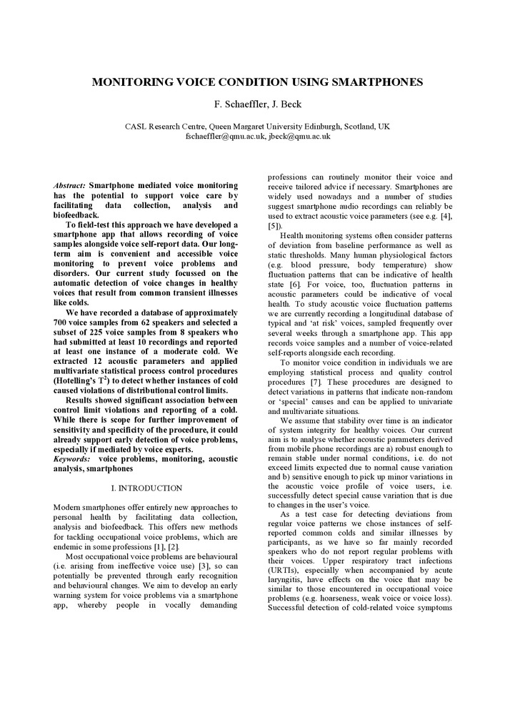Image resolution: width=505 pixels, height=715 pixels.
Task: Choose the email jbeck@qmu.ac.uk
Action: point(299,136)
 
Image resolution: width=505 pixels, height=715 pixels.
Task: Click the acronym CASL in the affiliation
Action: point(136,127)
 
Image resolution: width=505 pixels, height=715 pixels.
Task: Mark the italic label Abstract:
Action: point(70,186)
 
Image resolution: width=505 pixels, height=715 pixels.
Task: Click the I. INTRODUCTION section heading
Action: point(146,488)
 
